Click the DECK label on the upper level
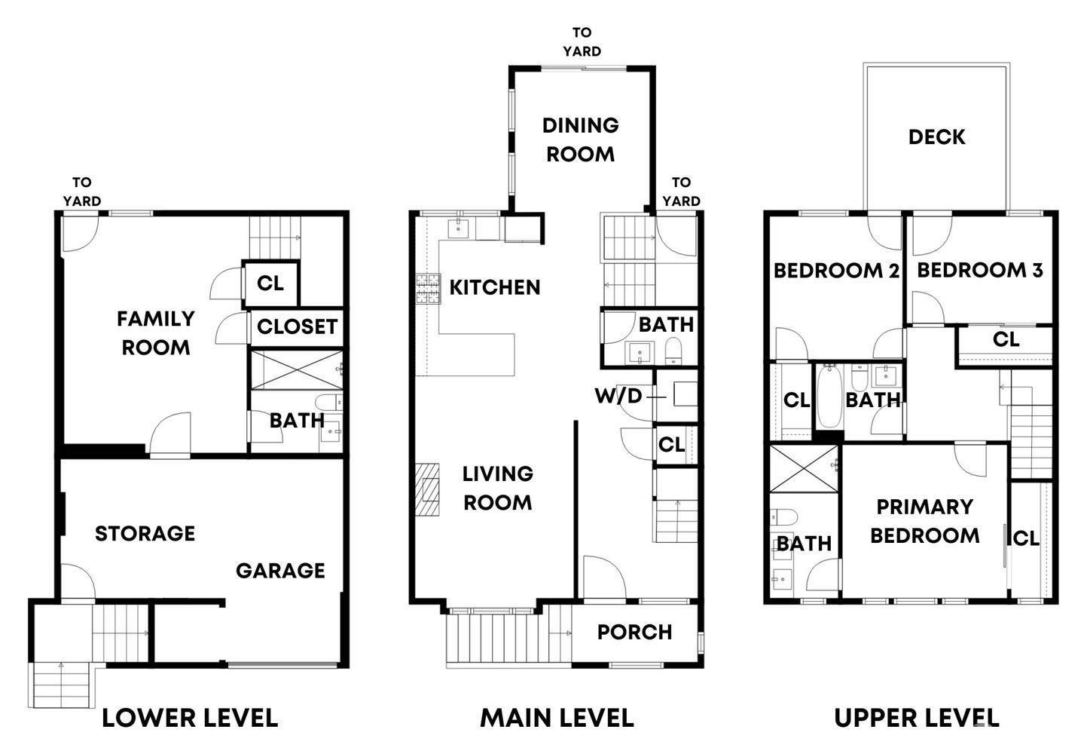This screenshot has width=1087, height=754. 936,137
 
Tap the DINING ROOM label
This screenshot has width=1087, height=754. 580,140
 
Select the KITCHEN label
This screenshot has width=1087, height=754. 494,287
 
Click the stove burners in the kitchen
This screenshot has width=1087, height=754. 428,289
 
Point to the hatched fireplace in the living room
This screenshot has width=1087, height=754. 427,489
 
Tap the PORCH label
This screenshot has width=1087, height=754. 635,633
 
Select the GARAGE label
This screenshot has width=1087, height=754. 280,571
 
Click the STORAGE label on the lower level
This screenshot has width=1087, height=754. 145,534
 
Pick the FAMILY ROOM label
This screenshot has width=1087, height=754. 156,333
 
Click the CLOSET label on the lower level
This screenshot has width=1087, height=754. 297,327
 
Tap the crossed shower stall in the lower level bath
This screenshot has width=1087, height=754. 297,370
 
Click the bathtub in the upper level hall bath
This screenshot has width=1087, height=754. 829,397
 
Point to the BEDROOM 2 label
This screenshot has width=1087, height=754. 836,271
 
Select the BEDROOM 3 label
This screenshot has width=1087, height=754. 980,271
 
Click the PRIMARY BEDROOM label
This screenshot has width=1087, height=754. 925,521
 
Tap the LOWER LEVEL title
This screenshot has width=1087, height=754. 190,718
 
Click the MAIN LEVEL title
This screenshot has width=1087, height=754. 557,718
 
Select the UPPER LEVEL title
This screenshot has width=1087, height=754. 917,718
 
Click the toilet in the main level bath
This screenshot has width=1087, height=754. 673,351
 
